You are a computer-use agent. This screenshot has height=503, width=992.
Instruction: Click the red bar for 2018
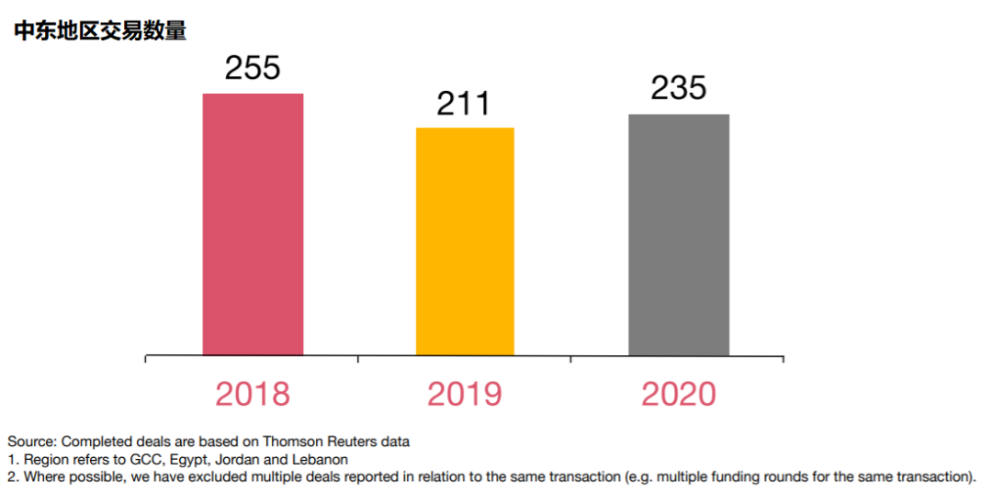point(253,224)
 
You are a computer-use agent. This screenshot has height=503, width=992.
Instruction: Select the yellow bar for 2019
point(465,241)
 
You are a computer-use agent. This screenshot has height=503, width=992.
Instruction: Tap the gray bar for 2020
point(679,234)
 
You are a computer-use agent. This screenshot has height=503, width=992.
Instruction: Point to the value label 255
point(252,69)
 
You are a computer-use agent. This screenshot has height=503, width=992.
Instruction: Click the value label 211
point(464,104)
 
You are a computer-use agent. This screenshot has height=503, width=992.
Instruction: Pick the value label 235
point(679,88)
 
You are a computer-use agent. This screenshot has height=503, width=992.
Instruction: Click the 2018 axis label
point(253,394)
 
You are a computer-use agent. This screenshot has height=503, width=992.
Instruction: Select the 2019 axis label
point(465,394)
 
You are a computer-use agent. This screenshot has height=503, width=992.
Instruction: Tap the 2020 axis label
point(679,394)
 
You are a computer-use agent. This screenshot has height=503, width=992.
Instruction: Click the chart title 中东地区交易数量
point(100,31)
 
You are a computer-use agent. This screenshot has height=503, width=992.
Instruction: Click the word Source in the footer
point(30,442)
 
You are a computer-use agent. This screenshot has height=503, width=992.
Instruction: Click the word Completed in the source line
point(95,442)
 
